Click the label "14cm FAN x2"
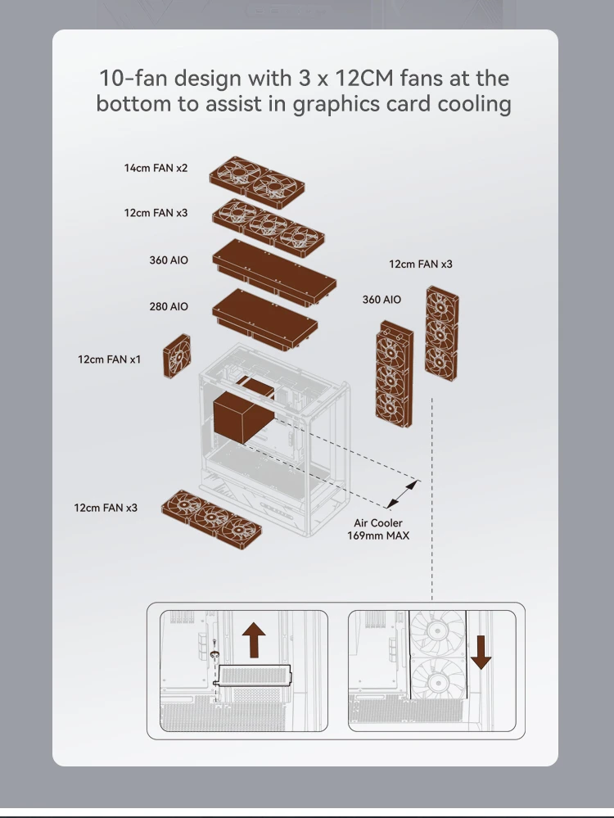pos(156,168)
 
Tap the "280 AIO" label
pos(169,306)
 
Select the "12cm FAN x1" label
pos(110,359)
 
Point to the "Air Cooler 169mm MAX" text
pos(378,529)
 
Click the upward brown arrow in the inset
pos(255,639)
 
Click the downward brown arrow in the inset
pos(481,651)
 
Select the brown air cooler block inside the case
pos(243,416)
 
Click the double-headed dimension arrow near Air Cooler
pos(402,495)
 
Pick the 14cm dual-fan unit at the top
pos(257,183)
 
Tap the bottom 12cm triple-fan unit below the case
pos(212,515)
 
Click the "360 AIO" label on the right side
pos(381,300)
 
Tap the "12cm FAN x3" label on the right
pos(420,264)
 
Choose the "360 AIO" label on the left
pos(169,260)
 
